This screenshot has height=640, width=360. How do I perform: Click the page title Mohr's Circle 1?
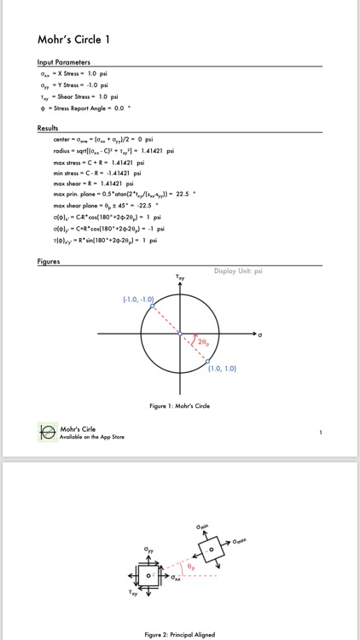click(73, 39)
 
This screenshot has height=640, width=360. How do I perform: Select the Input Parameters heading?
click(65, 62)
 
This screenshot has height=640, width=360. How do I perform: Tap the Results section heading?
click(48, 128)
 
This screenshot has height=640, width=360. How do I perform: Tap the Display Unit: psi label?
click(238, 271)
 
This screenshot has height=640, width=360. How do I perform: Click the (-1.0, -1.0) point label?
click(138, 300)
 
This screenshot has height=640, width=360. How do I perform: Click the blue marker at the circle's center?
click(180, 333)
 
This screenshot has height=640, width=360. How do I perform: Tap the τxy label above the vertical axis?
click(180, 276)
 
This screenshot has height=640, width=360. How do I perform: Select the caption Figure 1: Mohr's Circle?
click(179, 406)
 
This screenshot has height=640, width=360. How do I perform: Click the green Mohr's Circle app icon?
click(47, 433)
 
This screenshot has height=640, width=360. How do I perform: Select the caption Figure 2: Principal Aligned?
click(179, 635)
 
